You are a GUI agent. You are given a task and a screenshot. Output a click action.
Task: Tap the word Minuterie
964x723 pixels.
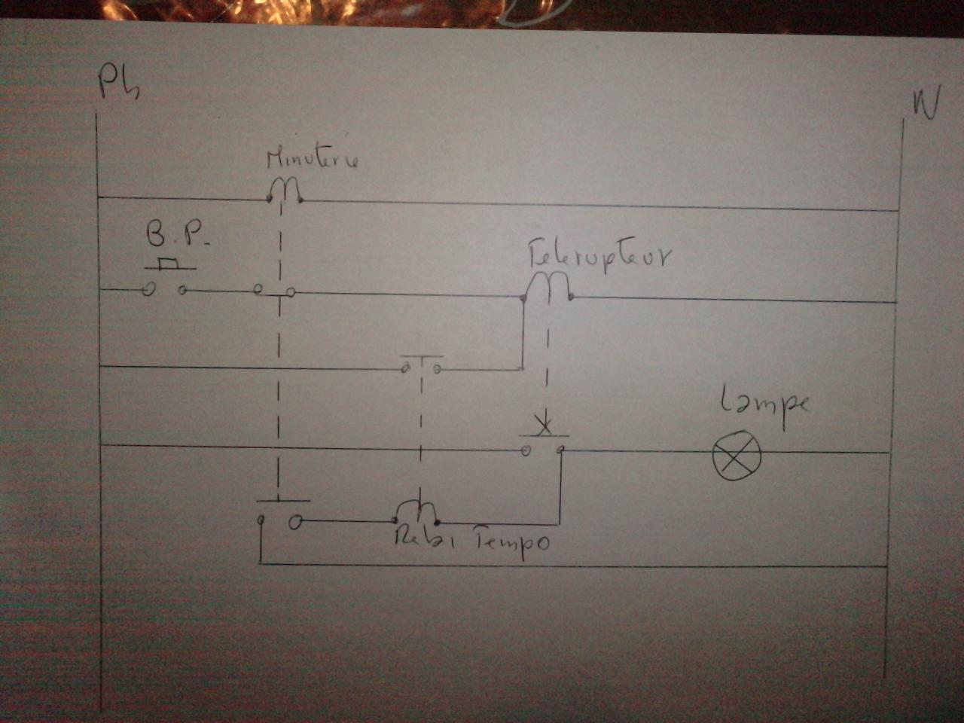point(313,159)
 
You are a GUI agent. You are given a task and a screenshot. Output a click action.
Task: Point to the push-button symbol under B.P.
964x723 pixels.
point(167,280)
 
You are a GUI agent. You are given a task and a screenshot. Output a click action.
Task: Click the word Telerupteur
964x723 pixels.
point(599,256)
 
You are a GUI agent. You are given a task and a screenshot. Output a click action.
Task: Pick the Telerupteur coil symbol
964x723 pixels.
point(548,286)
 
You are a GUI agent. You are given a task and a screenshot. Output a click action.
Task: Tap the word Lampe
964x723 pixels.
point(764,403)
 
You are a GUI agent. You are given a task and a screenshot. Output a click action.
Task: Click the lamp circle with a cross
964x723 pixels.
point(737,456)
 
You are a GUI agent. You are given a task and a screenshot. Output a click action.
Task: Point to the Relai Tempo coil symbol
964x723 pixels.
point(417,511)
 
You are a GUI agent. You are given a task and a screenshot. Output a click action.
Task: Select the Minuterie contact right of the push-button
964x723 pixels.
point(275,291)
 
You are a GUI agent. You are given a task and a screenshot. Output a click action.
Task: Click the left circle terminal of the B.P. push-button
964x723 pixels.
point(150,289)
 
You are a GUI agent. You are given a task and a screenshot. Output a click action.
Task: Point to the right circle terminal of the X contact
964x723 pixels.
point(560,450)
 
